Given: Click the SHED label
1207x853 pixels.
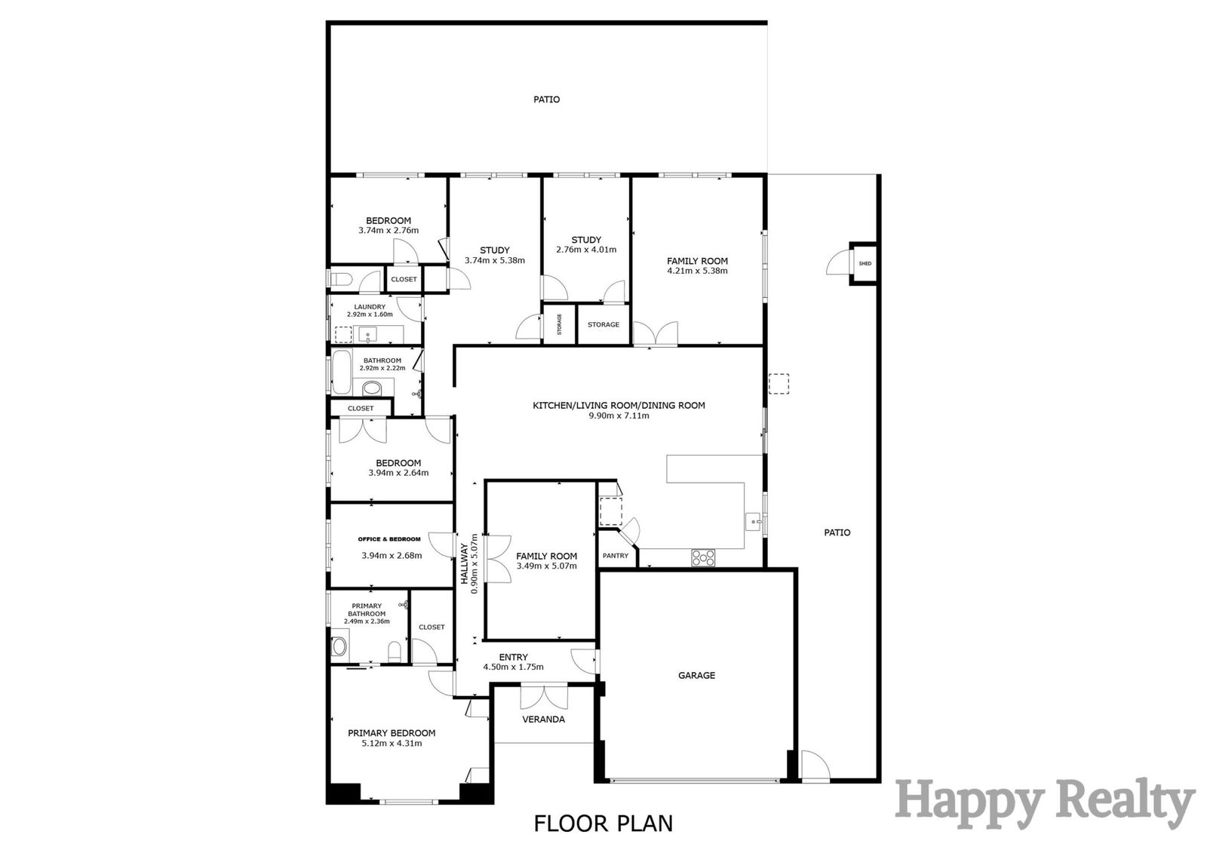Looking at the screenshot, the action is click(x=865, y=263).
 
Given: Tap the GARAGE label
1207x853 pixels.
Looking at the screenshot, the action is click(x=696, y=675).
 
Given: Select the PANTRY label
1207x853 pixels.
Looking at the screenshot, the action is click(x=616, y=556).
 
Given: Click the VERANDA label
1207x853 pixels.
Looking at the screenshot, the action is click(x=543, y=720).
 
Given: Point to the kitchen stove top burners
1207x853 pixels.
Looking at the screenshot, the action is click(x=703, y=557).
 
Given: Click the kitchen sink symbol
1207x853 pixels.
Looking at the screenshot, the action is click(x=754, y=522).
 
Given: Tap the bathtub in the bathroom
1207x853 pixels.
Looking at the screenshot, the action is click(x=341, y=373).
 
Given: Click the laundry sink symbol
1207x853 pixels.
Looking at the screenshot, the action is click(x=368, y=335).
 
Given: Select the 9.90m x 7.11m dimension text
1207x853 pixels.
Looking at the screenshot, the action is click(x=619, y=416).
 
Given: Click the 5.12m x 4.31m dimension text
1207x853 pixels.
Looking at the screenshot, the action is click(x=392, y=743).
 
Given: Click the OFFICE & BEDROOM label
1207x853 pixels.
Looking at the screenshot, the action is click(x=389, y=538).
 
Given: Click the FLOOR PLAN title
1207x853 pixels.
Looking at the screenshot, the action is click(x=603, y=824).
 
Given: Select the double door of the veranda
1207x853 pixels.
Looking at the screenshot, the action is click(x=544, y=696).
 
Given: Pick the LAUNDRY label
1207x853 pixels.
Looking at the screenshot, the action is click(x=370, y=307).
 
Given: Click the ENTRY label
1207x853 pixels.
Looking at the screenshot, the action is click(x=513, y=657).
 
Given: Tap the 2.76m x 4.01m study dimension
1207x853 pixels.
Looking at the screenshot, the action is click(x=586, y=250).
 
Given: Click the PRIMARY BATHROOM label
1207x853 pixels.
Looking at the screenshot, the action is click(x=367, y=609).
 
